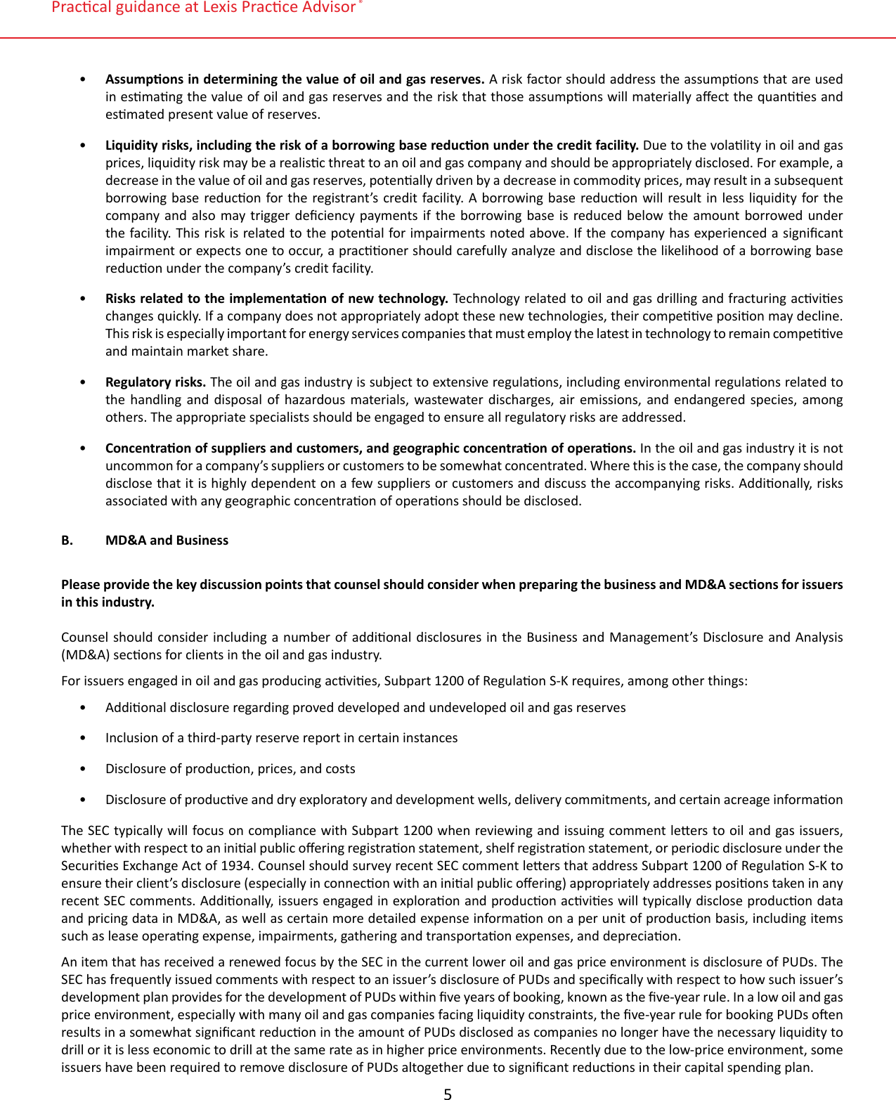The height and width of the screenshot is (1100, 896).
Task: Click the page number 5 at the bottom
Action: pyautogui.click(x=448, y=1094)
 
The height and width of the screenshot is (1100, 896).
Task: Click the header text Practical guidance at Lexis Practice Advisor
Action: pyautogui.click(x=204, y=8)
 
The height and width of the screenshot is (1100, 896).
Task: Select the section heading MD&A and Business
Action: pyautogui.click(x=167, y=540)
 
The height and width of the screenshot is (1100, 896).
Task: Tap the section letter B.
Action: pyautogui.click(x=67, y=540)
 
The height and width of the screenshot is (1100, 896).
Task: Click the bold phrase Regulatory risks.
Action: pyautogui.click(x=155, y=382)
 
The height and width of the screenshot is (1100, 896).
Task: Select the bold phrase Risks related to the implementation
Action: pyautogui.click(x=204, y=298)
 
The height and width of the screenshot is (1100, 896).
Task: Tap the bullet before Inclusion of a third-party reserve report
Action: pyautogui.click(x=84, y=737)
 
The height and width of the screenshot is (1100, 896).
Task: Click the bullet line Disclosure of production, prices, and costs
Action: pyautogui.click(x=230, y=768)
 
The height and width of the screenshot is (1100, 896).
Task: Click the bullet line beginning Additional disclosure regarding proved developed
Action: pyautogui.click(x=365, y=707)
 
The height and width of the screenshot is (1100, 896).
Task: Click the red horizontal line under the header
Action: pyautogui.click(x=448, y=37)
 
